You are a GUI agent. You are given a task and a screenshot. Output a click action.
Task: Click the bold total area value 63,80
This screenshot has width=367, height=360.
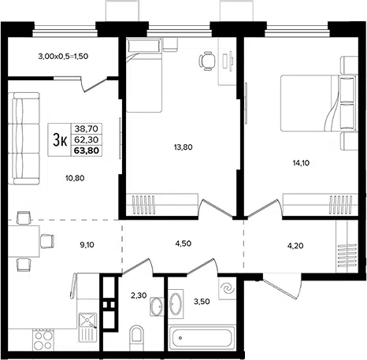pos(87,150)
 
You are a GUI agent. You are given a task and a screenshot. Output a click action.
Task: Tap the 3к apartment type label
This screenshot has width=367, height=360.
pos(61,139)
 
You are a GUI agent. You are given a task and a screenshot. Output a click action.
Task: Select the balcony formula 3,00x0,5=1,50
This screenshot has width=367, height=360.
pos(63,56)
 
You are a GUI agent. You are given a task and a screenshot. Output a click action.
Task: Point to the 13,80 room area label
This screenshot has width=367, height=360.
pos(183,147)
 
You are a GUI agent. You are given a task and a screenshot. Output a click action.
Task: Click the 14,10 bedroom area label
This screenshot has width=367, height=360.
pos(301,163)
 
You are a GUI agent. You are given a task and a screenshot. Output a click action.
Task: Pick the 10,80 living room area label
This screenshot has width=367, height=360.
pos(75,178)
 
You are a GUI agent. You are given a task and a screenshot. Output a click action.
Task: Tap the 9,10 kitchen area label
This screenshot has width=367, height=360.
pos(87,245)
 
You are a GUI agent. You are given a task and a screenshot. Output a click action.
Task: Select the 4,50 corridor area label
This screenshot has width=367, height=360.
pos(183,243)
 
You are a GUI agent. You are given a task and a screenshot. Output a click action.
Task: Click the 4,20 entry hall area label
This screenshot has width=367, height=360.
pos(295,246)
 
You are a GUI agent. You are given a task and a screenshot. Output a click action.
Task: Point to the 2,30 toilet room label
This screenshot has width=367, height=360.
pos(139,295)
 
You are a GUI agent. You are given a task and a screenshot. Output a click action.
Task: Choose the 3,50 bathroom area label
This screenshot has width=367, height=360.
pos(202,302)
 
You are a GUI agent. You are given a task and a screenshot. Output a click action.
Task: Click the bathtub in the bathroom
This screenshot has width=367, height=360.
pos(202,338)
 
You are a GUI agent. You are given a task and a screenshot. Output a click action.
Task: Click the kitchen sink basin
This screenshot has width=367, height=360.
pos(88,321)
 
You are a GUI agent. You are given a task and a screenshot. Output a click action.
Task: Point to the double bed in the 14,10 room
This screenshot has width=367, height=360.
pos(318,103)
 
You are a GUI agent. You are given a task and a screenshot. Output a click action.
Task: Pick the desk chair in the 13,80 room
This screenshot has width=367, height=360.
pos(207,61)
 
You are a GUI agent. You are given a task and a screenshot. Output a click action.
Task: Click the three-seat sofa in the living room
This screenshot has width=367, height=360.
pos(24,139)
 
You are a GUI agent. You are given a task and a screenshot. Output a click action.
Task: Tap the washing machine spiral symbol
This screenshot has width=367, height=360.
pos(228,289)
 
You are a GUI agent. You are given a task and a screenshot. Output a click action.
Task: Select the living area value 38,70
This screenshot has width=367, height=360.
pos(86,128)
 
